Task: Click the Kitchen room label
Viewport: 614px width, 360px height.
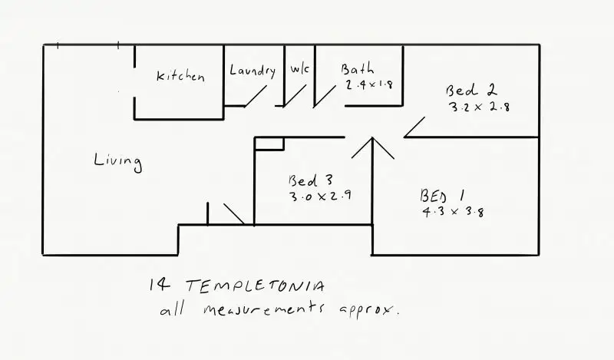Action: (180, 76)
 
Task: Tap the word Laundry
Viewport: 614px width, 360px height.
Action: (253, 71)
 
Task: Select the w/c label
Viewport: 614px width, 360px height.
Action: (300, 69)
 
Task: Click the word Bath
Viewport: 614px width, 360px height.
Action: (358, 69)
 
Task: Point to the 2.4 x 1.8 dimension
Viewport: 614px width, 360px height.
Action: (369, 85)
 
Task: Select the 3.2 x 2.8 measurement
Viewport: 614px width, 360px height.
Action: (480, 107)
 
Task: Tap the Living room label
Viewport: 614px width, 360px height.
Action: (117, 161)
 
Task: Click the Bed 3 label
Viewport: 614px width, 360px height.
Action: (310, 180)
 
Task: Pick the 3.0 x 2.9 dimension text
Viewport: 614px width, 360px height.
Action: (320, 196)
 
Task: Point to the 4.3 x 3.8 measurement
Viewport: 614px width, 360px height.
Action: (453, 212)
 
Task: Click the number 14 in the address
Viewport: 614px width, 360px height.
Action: (160, 286)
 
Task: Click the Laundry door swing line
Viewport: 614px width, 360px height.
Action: (256, 96)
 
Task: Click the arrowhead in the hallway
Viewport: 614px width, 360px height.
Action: (372, 146)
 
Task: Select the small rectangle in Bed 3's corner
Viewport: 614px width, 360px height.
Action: (269, 144)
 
